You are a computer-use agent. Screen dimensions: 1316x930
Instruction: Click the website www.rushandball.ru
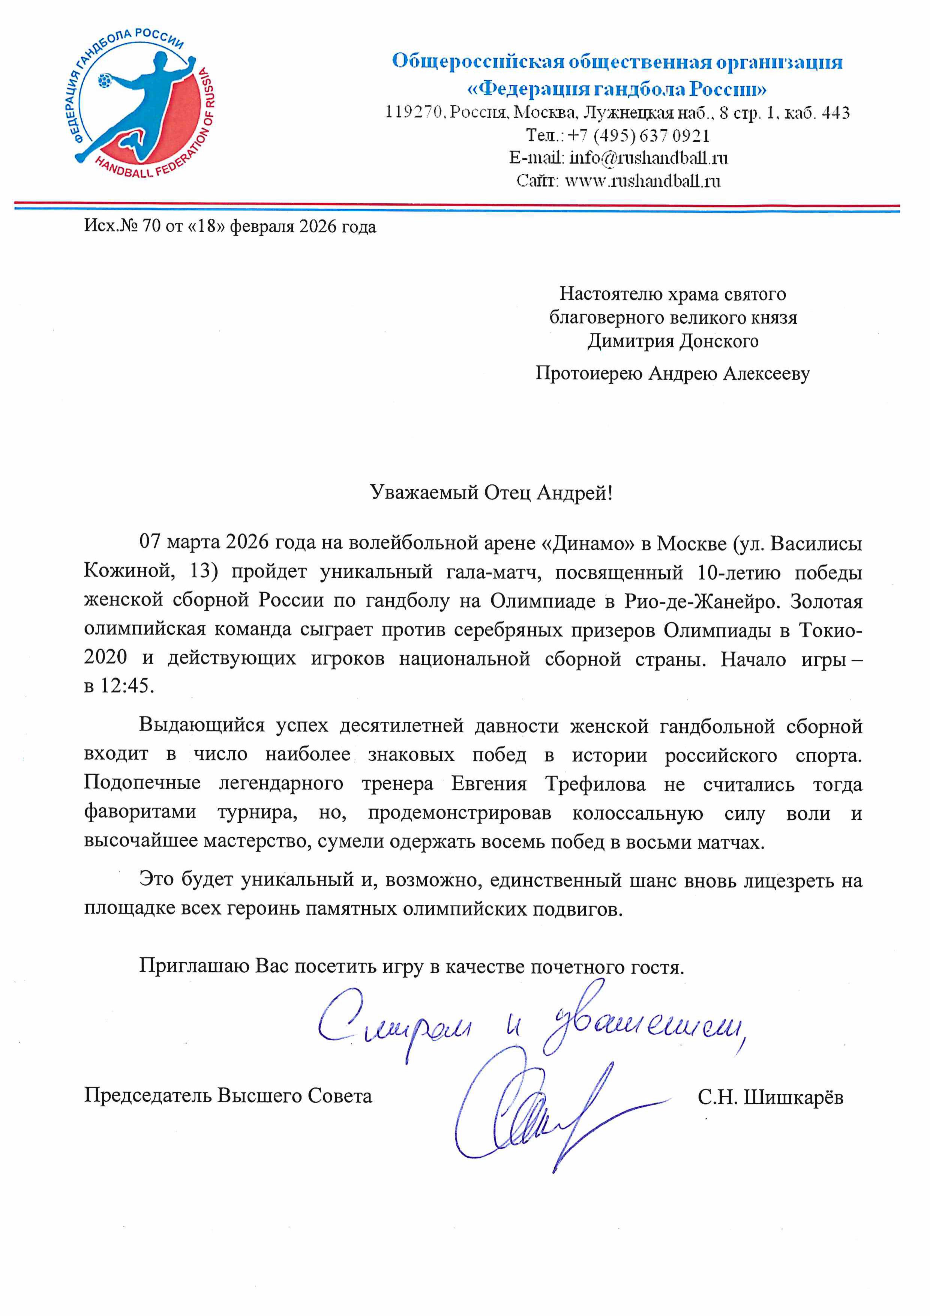(642, 181)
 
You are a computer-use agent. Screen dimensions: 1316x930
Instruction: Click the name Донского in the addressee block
(719, 342)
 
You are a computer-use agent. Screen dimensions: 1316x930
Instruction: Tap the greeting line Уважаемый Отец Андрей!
(491, 492)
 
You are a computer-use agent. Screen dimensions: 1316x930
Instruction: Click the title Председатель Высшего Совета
(228, 1096)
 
